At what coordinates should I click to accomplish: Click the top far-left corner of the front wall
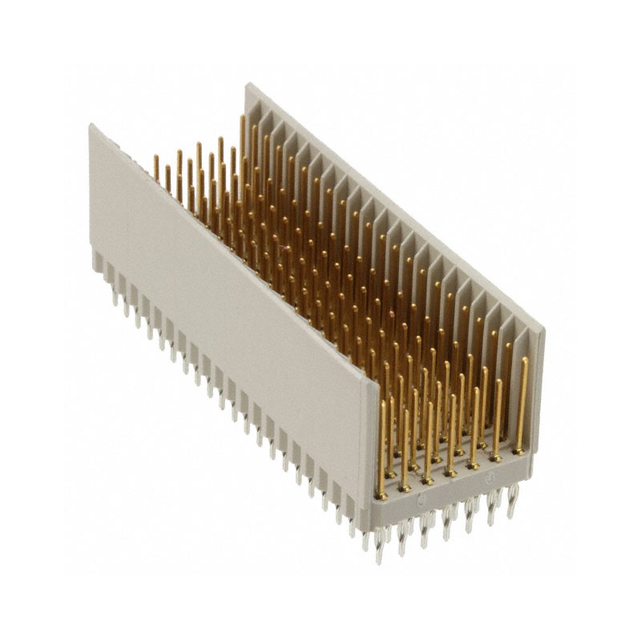91,126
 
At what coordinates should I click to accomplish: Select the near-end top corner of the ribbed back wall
542,328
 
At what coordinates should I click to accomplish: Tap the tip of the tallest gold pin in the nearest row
525,360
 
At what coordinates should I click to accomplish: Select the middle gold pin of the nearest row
451,433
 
